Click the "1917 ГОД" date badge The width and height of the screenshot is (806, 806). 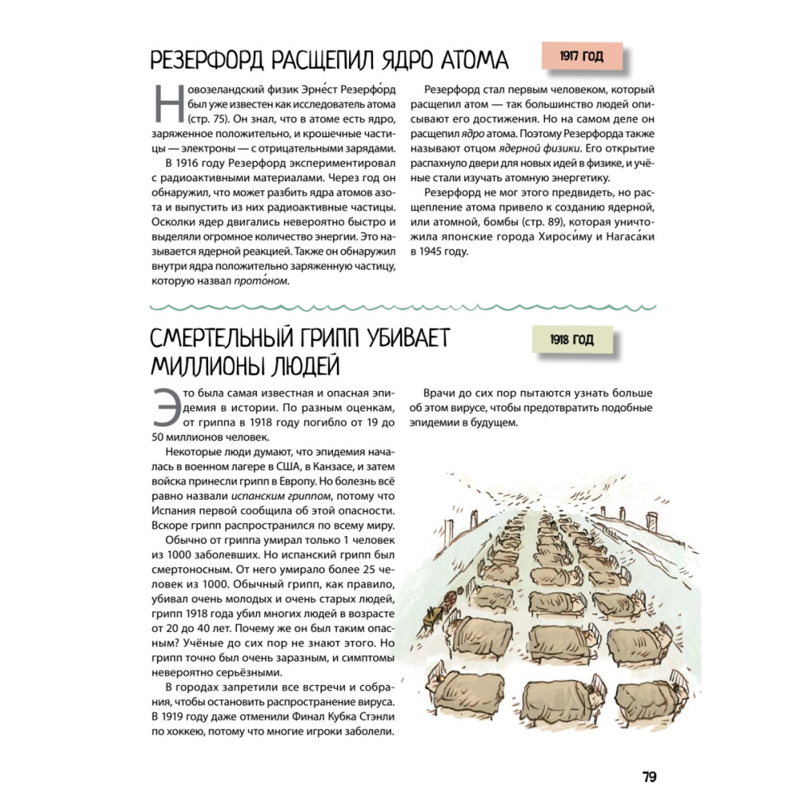582,57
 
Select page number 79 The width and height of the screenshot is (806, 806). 650,777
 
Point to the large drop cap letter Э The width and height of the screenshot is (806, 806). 164,407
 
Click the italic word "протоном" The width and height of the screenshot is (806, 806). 261,281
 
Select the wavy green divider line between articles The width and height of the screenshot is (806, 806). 403,307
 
